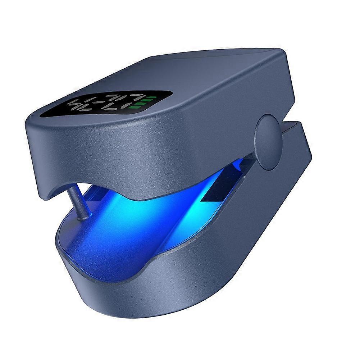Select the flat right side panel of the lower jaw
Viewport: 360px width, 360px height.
click(252, 230)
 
